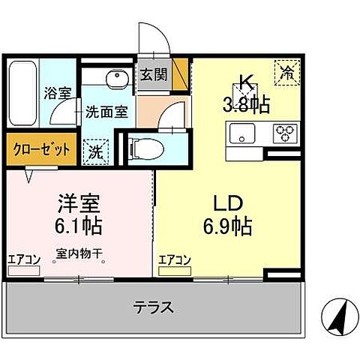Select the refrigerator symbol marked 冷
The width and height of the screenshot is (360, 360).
[287, 73]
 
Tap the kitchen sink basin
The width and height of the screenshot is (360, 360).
[243, 135]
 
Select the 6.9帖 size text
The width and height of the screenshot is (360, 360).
[225, 224]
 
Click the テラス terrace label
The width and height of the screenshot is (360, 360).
[154, 307]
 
